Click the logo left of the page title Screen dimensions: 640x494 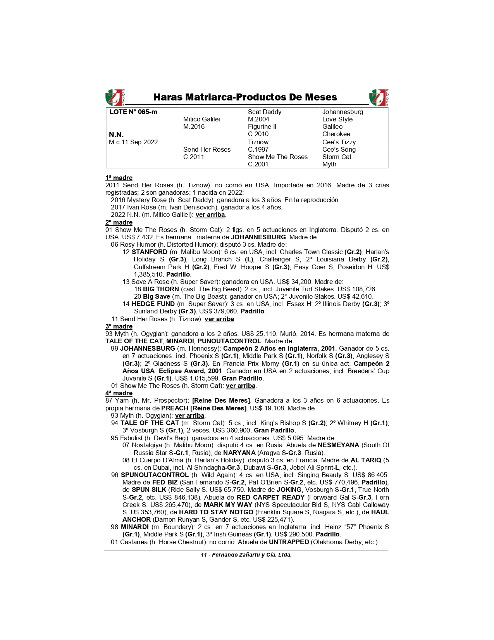click(x=115, y=97)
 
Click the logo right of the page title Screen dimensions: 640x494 click(x=379, y=97)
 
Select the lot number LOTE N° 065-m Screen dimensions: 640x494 click(x=133, y=112)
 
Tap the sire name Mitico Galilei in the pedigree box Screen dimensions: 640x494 click(x=201, y=119)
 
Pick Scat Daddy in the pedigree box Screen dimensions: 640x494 click(x=265, y=112)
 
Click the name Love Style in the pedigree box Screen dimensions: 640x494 click(x=337, y=119)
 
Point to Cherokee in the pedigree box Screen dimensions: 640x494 click(x=336, y=134)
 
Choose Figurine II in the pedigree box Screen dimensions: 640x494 click(x=262, y=127)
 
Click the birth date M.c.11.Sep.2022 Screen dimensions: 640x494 click(x=133, y=142)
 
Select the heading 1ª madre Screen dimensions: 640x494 click(x=119, y=178)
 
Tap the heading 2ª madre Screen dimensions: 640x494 click(x=119, y=223)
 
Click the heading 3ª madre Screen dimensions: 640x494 click(x=119, y=327)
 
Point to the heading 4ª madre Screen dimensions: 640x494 click(x=119, y=393)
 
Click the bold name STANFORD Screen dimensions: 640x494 click(x=150, y=252)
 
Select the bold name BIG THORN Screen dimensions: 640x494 click(x=161, y=289)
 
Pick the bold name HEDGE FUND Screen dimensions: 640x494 click(x=149, y=304)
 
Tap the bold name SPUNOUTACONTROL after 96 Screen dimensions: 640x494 click(x=155, y=475)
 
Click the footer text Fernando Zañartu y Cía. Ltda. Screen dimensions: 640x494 click(x=251, y=555)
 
